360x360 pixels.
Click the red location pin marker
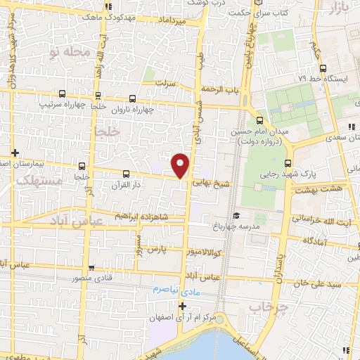pyautogui.click(x=181, y=165)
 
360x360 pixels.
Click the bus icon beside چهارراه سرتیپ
pyautogui.click(x=63, y=94)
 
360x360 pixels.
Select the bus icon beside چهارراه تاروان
pyautogui.click(x=133, y=99)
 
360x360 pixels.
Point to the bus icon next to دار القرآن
pyautogui.click(x=126, y=173)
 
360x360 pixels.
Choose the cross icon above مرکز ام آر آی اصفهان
pyautogui.click(x=183, y=306)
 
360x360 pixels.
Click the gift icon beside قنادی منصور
pyautogui.click(x=92, y=268)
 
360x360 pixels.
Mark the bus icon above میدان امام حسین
pyautogui.click(x=260, y=120)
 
